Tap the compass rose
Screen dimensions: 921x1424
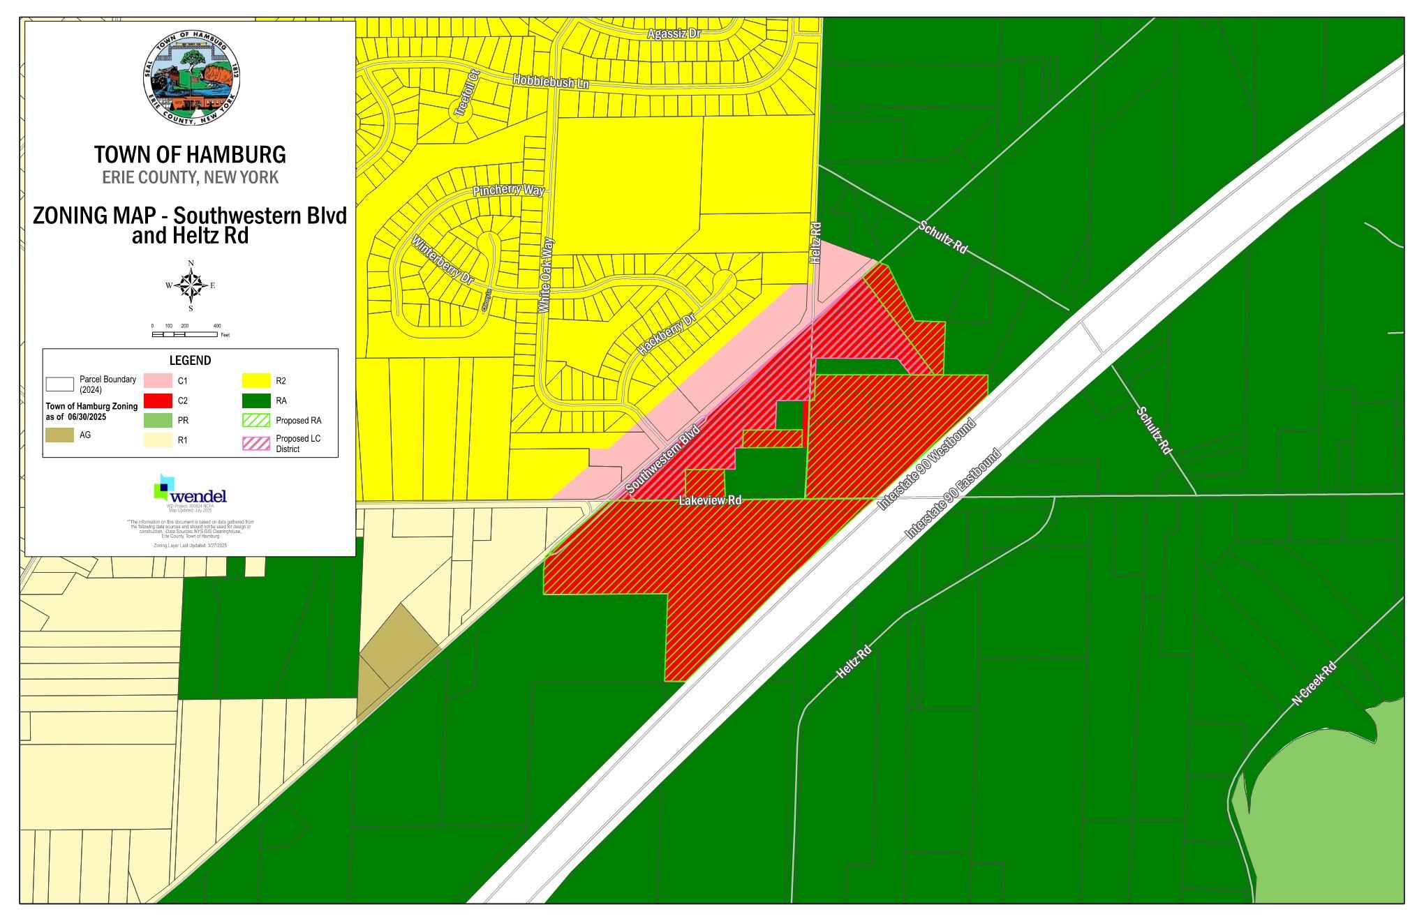pyautogui.click(x=191, y=285)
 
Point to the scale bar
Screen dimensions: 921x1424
pyautogui.click(x=184, y=334)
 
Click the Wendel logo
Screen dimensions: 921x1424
pyautogui.click(x=190, y=489)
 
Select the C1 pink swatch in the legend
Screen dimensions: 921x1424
pyautogui.click(x=158, y=381)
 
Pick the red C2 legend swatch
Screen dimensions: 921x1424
pyautogui.click(x=158, y=400)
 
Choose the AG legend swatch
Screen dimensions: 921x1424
pyautogui.click(x=60, y=435)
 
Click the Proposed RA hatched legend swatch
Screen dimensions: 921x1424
pyautogui.click(x=255, y=420)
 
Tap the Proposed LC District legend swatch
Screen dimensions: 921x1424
pyautogui.click(x=255, y=443)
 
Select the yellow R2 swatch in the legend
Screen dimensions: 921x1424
pyautogui.click(x=255, y=381)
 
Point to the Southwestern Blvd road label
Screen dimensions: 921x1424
pyautogui.click(x=663, y=460)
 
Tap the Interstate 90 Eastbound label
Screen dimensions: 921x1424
pyautogui.click(x=954, y=493)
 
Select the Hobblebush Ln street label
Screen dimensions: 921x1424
pyautogui.click(x=551, y=82)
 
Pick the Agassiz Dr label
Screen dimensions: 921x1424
pyautogui.click(x=674, y=33)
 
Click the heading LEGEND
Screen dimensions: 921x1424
pyautogui.click(x=190, y=361)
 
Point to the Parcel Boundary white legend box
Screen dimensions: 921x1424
pyautogui.click(x=60, y=384)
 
